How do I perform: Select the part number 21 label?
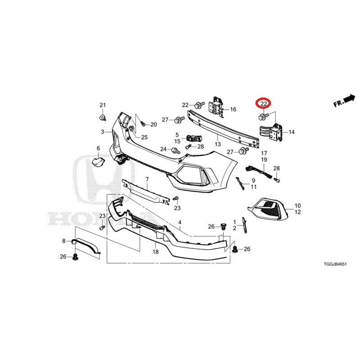click(x=102, y=105)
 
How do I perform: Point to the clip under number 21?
click(x=102, y=118)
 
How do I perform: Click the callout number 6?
click(x=98, y=148)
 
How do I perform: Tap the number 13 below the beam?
click(x=217, y=144)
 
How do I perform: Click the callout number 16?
click(x=233, y=109)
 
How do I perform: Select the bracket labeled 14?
click(x=271, y=131)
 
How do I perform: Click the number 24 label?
click(x=163, y=149)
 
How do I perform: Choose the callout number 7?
click(x=147, y=180)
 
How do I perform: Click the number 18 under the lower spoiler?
click(x=156, y=252)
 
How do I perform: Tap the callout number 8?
click(x=64, y=241)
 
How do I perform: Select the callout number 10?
click(x=297, y=206)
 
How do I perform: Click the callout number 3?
click(x=103, y=132)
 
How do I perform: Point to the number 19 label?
click(x=264, y=160)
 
